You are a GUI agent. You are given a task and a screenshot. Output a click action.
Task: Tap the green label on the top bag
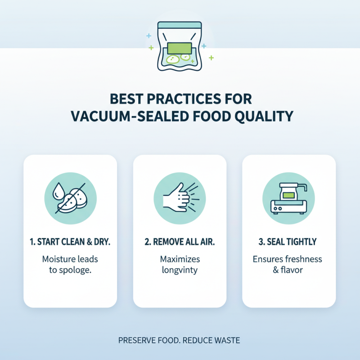(x=180, y=47)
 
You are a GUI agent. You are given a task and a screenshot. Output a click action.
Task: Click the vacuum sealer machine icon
(x=288, y=198)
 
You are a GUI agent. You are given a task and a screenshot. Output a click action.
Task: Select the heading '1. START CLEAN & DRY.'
(x=70, y=242)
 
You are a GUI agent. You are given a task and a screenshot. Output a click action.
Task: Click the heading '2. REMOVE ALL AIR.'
(x=180, y=242)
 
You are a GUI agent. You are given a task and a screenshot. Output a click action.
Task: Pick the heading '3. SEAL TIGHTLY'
(x=288, y=242)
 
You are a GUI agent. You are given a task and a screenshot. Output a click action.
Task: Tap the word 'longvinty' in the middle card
(x=180, y=270)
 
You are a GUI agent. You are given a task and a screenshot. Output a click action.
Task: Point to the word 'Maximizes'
(x=180, y=259)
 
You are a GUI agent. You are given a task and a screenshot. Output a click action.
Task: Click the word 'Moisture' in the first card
(x=57, y=259)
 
